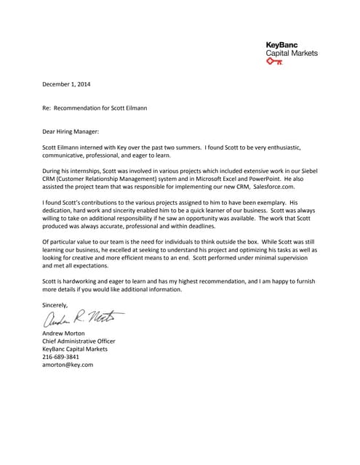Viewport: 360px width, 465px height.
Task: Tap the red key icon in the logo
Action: pos(274,63)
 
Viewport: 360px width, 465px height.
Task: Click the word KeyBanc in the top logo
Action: pos(281,45)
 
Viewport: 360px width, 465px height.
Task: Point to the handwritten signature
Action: pos(84,318)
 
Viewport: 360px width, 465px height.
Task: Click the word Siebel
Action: pos(308,170)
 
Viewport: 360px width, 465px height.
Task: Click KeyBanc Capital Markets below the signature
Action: pos(75,349)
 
